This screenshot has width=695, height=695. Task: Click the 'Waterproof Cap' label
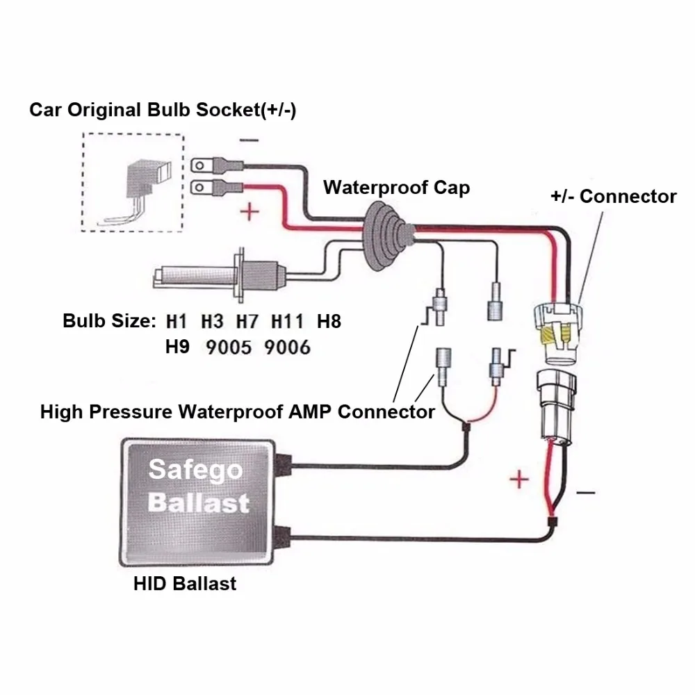tap(396, 188)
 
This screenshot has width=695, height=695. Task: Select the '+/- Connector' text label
tap(613, 197)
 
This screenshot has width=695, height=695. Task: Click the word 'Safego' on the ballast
tap(196, 471)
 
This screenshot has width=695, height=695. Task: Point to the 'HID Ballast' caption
tap(185, 583)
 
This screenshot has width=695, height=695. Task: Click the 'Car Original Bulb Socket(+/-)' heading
tap(163, 111)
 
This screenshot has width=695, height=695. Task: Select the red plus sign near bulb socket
tap(249, 211)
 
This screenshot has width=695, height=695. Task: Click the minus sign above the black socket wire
tap(248, 139)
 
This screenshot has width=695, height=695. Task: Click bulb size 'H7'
tap(247, 322)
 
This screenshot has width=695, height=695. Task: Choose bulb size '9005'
tap(228, 347)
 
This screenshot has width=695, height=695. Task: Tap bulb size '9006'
tap(287, 347)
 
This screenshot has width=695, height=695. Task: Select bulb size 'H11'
tap(287, 322)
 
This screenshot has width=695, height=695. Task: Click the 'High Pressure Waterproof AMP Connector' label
tap(237, 411)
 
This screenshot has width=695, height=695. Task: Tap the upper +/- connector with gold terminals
tap(557, 329)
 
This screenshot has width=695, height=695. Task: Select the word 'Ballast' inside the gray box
tap(199, 502)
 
